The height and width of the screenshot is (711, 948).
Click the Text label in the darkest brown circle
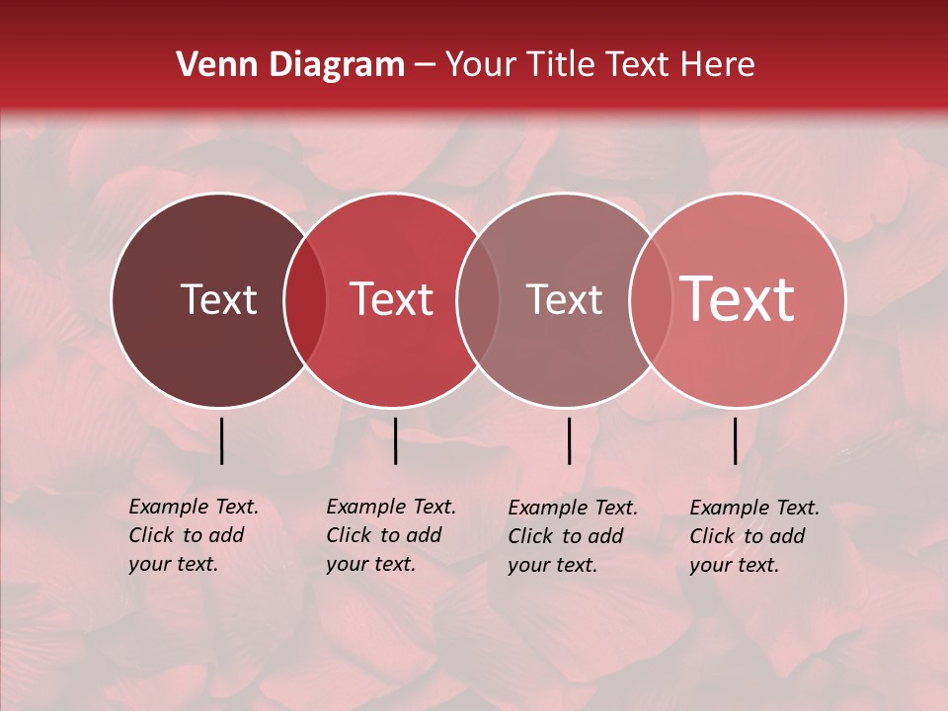(x=218, y=299)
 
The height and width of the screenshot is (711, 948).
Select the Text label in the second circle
(x=391, y=299)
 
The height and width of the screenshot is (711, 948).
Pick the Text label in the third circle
(x=564, y=299)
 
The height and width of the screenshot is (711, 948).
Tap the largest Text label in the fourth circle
(x=738, y=298)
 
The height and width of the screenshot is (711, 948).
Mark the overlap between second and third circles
(x=478, y=300)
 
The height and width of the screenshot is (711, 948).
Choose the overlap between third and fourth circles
(x=651, y=300)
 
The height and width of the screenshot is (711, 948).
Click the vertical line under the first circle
(x=222, y=440)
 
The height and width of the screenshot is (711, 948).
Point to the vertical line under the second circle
(x=395, y=440)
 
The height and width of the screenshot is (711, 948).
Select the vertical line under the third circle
(x=569, y=440)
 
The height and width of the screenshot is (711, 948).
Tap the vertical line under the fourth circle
(x=736, y=440)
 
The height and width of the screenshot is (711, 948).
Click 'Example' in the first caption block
(x=169, y=508)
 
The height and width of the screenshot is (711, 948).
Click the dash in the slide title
(x=425, y=66)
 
